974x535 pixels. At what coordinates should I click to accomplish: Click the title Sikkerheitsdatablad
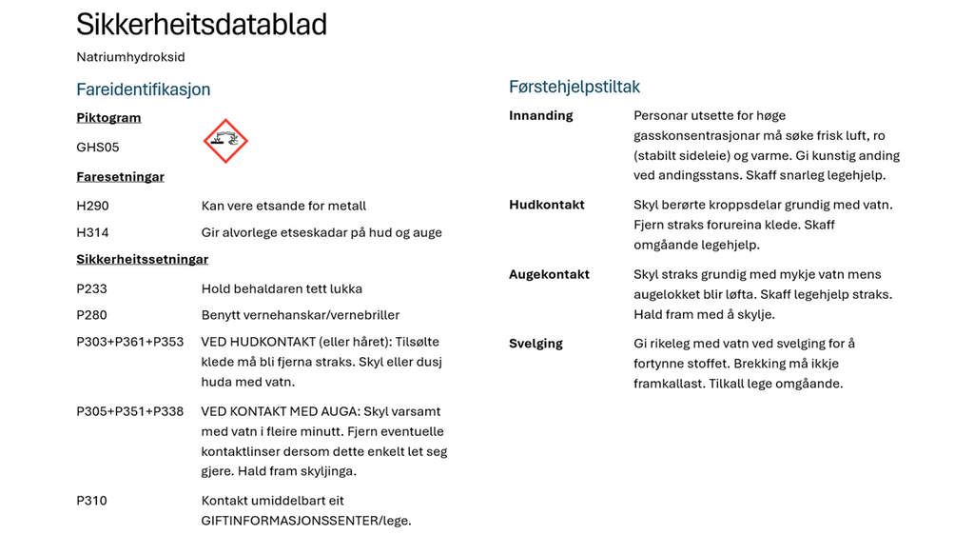click(202, 25)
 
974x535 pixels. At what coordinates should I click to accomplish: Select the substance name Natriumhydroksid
click(130, 57)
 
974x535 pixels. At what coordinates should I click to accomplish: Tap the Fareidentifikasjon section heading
click(143, 89)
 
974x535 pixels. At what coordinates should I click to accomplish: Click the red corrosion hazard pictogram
click(225, 141)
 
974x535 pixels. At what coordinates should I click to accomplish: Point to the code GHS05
click(98, 148)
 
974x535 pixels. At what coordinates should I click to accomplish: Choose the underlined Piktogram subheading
click(108, 118)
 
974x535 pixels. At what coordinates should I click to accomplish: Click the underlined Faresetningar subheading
click(120, 177)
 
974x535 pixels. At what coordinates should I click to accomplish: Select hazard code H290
click(92, 206)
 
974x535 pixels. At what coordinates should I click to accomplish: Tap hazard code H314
click(92, 232)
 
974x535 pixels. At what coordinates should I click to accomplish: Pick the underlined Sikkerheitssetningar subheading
click(142, 259)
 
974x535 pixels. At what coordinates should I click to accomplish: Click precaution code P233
click(92, 288)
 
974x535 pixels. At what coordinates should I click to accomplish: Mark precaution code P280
click(92, 315)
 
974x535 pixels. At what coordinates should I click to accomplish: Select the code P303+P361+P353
click(129, 342)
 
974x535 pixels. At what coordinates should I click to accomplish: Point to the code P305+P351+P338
click(129, 411)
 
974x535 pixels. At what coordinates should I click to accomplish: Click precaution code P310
click(91, 501)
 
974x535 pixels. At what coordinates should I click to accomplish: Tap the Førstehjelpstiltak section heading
click(575, 87)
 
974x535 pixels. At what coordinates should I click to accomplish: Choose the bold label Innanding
click(540, 115)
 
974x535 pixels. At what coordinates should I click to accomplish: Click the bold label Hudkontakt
click(546, 205)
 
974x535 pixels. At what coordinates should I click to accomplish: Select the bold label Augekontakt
click(549, 274)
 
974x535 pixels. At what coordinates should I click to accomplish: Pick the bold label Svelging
click(536, 344)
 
